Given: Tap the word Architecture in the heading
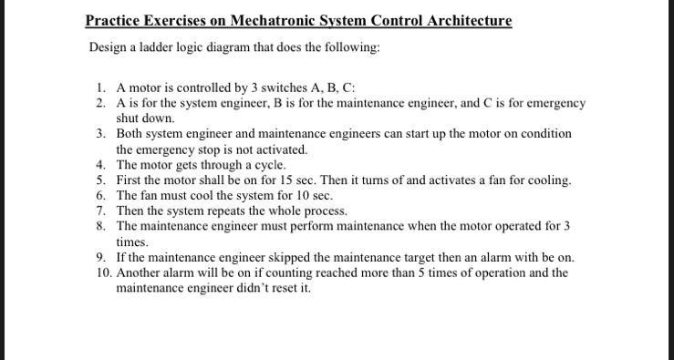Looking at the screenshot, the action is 466,20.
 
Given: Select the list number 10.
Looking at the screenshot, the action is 101,273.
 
